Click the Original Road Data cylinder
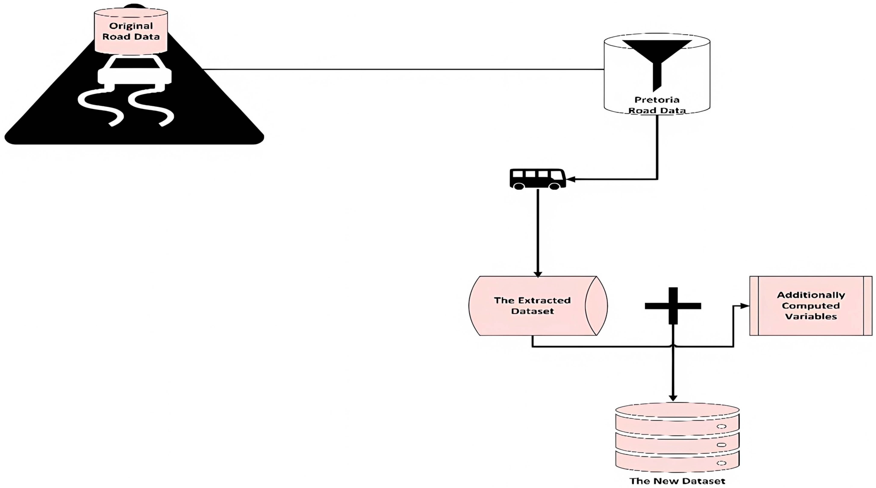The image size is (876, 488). pyautogui.click(x=131, y=31)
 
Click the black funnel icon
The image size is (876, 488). pyautogui.click(x=657, y=59)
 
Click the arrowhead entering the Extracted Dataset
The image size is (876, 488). pyautogui.click(x=538, y=274)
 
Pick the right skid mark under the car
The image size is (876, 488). pyautogui.click(x=153, y=105)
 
